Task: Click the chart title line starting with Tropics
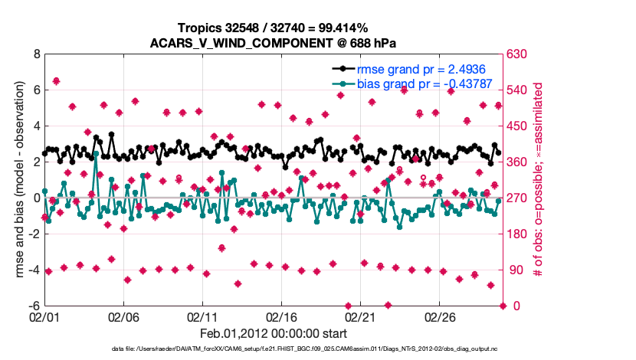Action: [273, 28]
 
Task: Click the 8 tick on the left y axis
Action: [35, 54]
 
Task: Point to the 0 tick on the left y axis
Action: [35, 198]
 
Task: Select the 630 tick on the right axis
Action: [516, 54]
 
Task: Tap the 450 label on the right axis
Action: [516, 126]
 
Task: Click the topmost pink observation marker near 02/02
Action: [56, 81]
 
